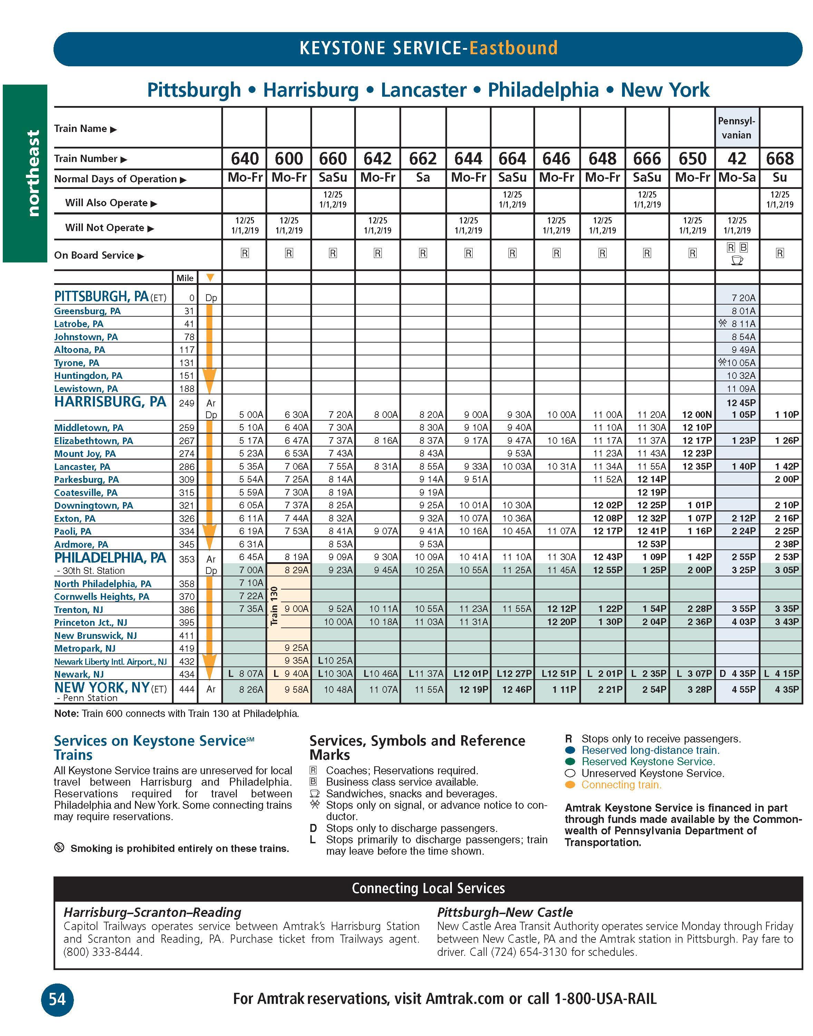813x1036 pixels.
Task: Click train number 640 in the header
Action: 245,159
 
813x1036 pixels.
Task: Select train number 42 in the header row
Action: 736,159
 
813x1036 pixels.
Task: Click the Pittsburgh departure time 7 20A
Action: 743,298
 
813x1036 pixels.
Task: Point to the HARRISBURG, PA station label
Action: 110,402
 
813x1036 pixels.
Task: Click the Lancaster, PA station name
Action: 82,467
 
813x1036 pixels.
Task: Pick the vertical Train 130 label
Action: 274,606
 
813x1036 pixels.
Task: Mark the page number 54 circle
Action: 57,998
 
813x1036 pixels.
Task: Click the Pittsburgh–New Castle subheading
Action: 505,913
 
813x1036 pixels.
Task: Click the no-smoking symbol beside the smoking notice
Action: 59,847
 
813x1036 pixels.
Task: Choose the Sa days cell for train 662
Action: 423,178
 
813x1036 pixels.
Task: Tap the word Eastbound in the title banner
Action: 513,48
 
